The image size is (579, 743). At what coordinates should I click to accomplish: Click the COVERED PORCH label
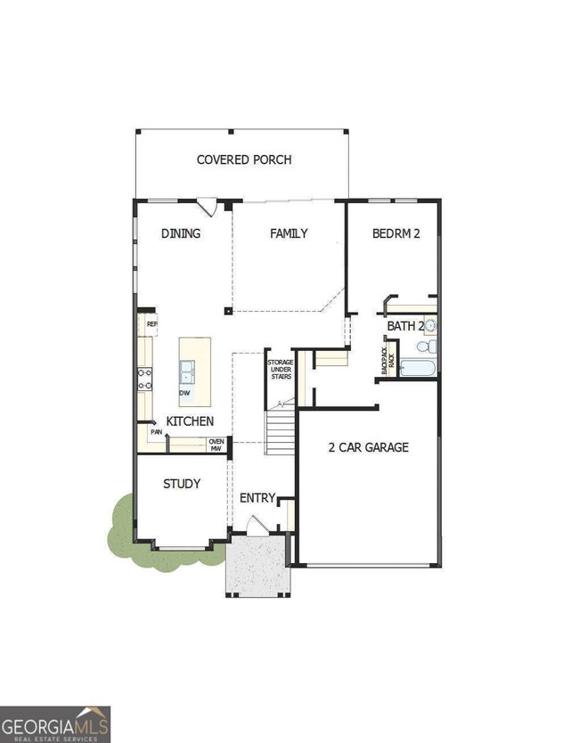coord(244,160)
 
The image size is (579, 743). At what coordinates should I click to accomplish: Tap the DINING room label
coord(181,233)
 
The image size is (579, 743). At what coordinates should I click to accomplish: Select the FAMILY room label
coord(289,233)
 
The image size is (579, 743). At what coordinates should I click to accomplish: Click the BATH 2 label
coord(405,326)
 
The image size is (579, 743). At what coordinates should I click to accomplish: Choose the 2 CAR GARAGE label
coord(368,447)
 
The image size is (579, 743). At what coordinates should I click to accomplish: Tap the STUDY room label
coord(181,484)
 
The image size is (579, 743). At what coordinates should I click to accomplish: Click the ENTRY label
coord(257,498)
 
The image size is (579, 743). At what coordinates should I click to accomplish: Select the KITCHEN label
coord(190,420)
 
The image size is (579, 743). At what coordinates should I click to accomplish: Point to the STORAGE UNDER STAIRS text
coord(280,369)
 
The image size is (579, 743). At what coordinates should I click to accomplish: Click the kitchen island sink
coord(188,369)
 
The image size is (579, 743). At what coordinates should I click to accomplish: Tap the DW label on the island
coord(184,392)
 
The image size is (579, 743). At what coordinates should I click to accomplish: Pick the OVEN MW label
coord(216,445)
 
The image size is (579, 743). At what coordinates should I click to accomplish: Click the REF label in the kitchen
coord(151,324)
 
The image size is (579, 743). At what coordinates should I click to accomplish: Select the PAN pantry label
coord(156,432)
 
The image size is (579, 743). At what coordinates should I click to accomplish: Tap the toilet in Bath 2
coord(430,346)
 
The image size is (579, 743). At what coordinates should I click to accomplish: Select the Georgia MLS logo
coord(55,723)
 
